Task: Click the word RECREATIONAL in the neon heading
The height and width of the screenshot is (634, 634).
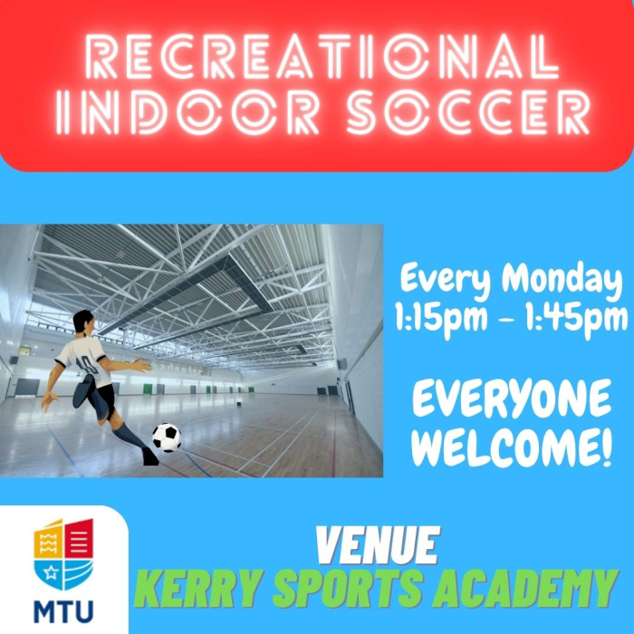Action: click(322, 56)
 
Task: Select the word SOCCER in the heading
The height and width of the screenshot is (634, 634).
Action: click(467, 112)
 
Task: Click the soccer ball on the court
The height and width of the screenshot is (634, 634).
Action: click(167, 437)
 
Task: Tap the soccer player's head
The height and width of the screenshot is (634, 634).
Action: click(84, 322)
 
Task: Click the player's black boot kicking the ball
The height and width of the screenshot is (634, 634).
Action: click(150, 456)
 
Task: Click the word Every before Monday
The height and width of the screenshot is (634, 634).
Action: click(446, 281)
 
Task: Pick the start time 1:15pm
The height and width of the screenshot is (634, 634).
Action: click(442, 318)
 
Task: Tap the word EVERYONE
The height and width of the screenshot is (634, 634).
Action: click(512, 398)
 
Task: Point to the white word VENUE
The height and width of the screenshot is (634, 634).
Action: click(378, 545)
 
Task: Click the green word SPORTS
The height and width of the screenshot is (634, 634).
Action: click(347, 589)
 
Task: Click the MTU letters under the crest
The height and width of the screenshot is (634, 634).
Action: click(63, 611)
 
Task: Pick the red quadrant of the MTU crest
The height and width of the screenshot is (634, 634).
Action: click(79, 538)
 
